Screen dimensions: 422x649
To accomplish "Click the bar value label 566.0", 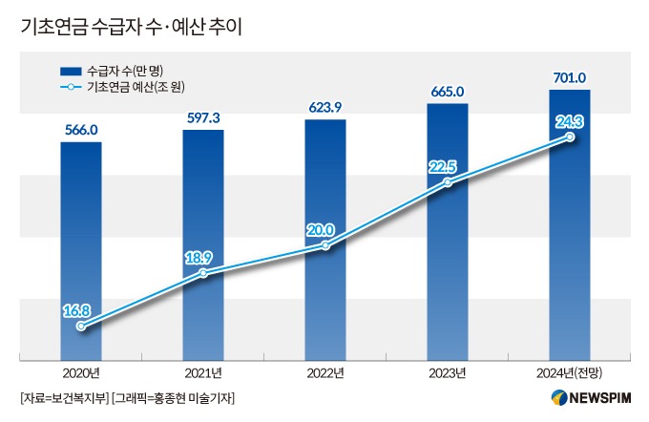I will click(80, 130).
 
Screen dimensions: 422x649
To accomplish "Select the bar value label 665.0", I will click(448, 92).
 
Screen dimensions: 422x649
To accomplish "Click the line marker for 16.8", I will click(81, 327).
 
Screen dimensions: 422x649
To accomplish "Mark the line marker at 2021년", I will click(203, 274).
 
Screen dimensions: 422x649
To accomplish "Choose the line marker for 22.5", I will click(448, 181).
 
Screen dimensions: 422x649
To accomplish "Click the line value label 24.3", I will click(570, 120).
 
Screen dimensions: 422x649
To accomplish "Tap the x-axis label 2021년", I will click(203, 371).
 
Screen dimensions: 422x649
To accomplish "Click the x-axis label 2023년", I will click(448, 371).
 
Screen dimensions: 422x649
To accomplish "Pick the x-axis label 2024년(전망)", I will click(570, 371).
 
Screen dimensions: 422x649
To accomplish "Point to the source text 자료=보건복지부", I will click(63, 397).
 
